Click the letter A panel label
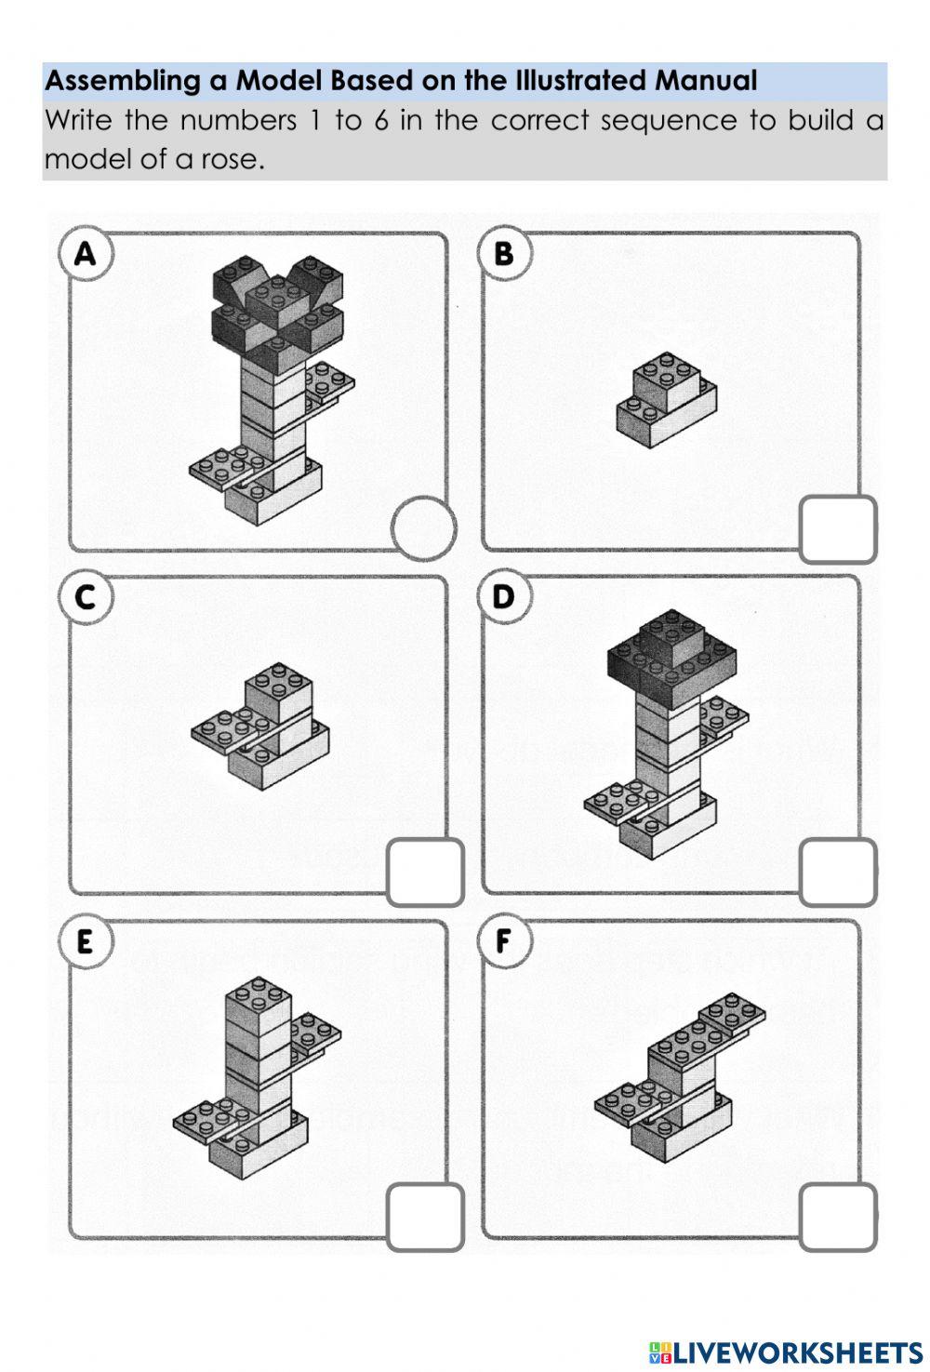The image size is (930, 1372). click(x=85, y=253)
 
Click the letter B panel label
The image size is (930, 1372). click(x=503, y=253)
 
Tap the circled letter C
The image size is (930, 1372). click(x=85, y=596)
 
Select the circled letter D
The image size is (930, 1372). click(x=503, y=596)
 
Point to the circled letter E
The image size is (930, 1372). click(x=85, y=941)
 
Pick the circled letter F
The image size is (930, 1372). click(x=503, y=941)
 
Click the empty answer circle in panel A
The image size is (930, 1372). click(x=423, y=527)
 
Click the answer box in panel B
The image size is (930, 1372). click(x=837, y=529)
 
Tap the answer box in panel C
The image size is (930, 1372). click(x=425, y=872)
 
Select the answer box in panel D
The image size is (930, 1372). click(x=837, y=872)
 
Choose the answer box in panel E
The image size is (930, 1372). click(x=425, y=1217)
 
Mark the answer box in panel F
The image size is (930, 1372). click(x=837, y=1217)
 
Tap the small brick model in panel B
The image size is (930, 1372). click(x=666, y=400)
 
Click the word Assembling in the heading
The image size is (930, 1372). click(x=123, y=81)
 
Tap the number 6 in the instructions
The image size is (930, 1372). click(x=381, y=121)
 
